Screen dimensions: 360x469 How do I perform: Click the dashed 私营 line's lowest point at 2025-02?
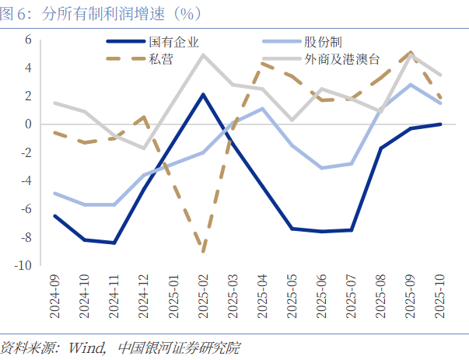(203, 251)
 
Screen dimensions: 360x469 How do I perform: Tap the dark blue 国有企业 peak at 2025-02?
(203, 95)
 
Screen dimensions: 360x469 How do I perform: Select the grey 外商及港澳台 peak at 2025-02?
(203, 54)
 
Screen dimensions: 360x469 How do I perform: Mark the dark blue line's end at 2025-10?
(440, 124)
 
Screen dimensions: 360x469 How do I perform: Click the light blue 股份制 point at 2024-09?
(55, 194)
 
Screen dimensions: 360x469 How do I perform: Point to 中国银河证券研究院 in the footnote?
(176, 348)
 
